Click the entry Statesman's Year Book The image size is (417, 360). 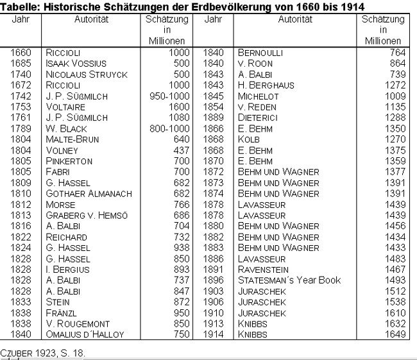click(289, 280)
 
